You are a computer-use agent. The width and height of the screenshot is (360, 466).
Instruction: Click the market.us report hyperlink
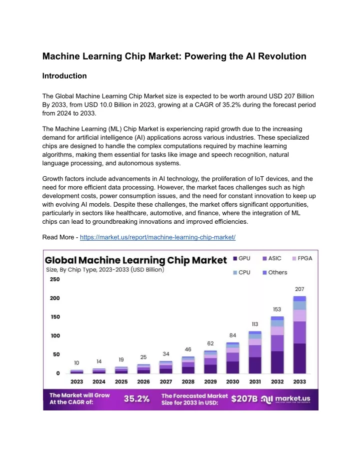point(157,237)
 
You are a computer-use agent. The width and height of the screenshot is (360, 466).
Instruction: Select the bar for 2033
point(299,335)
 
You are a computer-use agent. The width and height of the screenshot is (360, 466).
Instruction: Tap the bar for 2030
point(232,358)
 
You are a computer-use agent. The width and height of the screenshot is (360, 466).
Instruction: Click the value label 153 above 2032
point(277,309)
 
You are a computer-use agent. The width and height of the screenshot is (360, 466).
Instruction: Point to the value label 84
point(232,335)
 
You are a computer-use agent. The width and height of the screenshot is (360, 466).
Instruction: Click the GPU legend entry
point(241,259)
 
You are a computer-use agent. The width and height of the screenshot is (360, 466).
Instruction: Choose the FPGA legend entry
point(302,259)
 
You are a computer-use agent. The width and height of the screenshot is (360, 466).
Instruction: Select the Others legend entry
point(275,272)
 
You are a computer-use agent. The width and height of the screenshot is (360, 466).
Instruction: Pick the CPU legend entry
point(241,272)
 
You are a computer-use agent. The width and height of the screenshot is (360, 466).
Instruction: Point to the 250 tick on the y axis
point(55,279)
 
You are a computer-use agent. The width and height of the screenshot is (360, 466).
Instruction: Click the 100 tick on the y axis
point(55,335)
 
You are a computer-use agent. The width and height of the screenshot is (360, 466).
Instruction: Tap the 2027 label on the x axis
point(166,381)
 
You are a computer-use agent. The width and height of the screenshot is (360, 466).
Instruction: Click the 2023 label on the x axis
point(76,381)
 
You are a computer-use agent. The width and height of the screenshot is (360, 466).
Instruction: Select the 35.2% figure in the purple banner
point(137,398)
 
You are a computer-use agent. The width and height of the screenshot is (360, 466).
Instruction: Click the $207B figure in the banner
point(244,398)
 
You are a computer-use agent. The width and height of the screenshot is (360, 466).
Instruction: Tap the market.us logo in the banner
point(286,399)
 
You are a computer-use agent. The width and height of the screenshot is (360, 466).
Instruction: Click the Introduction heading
point(64,76)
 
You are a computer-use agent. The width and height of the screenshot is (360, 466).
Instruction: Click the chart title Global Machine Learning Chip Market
point(135,260)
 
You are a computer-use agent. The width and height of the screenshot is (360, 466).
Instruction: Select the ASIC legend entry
point(272,259)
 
